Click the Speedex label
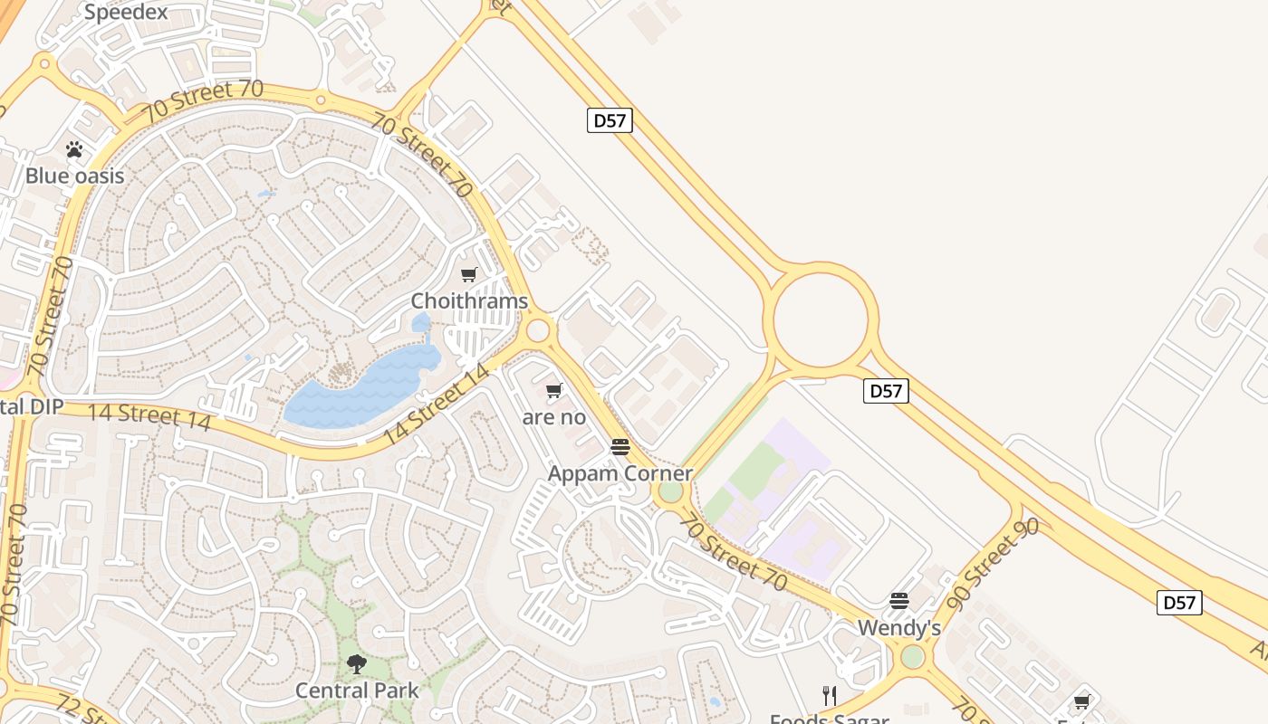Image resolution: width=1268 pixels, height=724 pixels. (126, 12)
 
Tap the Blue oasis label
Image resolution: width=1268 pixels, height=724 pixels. (74, 176)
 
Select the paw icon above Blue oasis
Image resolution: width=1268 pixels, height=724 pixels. (74, 149)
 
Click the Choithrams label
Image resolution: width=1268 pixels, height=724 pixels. (469, 300)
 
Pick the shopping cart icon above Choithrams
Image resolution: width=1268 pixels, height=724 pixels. (469, 274)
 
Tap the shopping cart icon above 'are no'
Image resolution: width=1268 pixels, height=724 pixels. (554, 391)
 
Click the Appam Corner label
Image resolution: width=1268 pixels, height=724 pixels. (620, 473)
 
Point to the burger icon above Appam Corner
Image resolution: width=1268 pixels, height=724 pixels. (620, 446)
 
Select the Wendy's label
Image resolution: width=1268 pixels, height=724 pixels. (899, 627)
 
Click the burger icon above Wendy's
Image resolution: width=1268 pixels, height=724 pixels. (899, 601)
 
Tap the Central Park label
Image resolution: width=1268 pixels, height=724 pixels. (357, 691)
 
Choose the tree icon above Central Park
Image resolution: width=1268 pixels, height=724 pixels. (357, 664)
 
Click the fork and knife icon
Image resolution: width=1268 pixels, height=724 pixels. (830, 695)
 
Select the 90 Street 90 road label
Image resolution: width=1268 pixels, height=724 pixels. (993, 563)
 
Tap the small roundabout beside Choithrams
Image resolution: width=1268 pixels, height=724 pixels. (538, 330)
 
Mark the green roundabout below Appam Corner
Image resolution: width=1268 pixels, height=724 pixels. (670, 491)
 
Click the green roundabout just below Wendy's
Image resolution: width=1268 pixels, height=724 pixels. (913, 657)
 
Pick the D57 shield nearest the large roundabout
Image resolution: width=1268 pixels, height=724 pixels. (886, 390)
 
